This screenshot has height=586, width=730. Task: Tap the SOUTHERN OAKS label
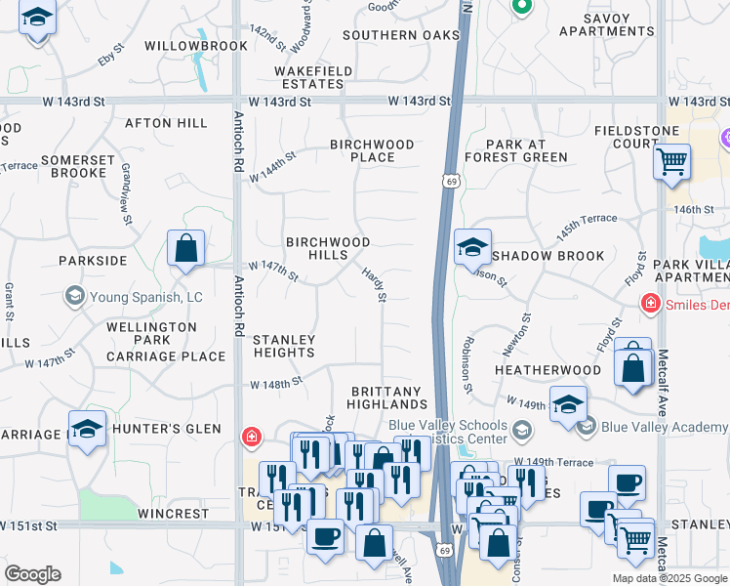(x=401, y=35)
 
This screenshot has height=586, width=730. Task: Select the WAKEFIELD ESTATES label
(x=313, y=77)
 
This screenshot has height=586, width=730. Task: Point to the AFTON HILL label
(x=166, y=123)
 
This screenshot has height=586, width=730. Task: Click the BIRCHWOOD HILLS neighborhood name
(x=328, y=248)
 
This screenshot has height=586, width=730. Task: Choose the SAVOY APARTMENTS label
(x=606, y=24)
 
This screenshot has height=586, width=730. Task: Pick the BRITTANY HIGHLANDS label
(x=388, y=398)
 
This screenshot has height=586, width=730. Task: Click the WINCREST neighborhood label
(x=173, y=513)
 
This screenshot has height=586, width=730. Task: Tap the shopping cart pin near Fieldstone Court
(x=671, y=161)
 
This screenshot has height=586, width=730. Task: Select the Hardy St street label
(x=375, y=284)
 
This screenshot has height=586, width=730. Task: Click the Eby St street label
(x=113, y=60)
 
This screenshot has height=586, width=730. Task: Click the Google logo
(x=32, y=574)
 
